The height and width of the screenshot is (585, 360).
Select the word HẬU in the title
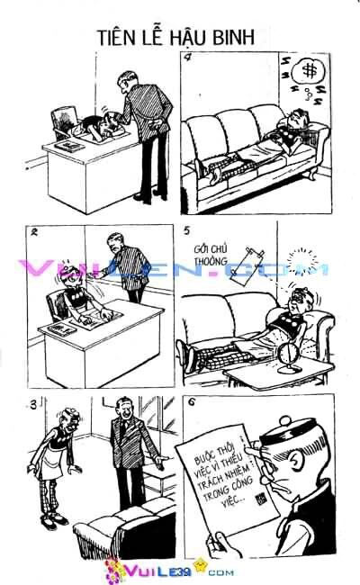pos(192,37)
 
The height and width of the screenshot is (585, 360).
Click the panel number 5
pos(188,232)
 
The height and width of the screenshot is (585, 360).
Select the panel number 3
pos(34,403)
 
